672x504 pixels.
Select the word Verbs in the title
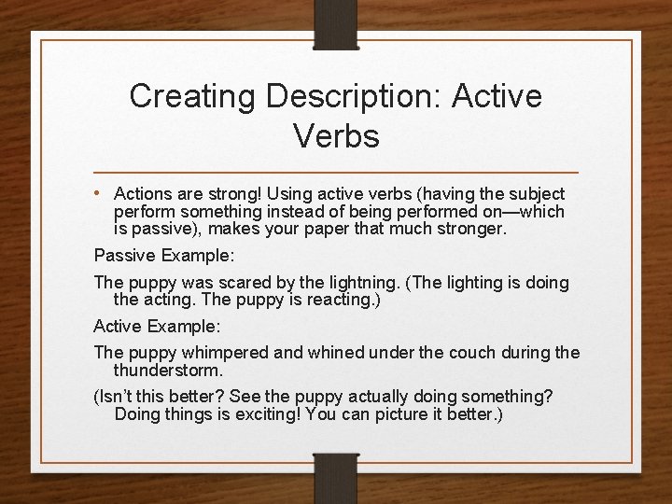pyautogui.click(x=336, y=136)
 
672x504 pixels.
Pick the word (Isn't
pyautogui.click(x=116, y=397)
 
